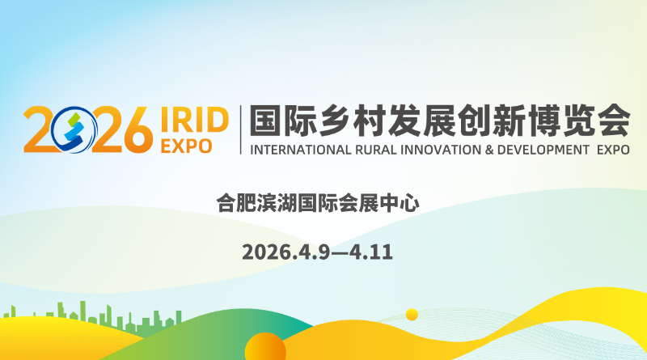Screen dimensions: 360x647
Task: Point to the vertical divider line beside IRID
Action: click(240, 129)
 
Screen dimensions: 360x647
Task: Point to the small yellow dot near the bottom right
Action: click(412, 315)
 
